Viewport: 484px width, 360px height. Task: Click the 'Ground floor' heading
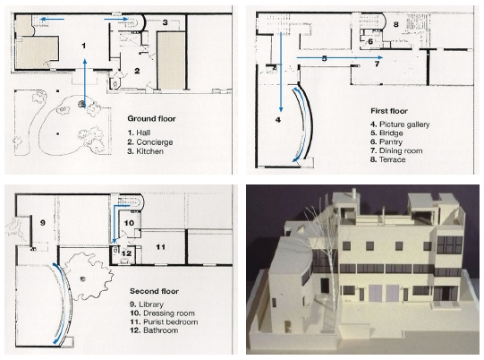click(x=151, y=119)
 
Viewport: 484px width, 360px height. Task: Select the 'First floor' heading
click(x=389, y=111)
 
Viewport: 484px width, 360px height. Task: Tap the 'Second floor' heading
click(x=155, y=291)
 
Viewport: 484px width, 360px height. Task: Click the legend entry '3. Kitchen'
click(x=146, y=151)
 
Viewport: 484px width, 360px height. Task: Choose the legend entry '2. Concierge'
click(x=150, y=142)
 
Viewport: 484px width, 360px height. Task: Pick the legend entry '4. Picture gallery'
click(x=400, y=124)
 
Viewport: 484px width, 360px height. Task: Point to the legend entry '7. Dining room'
click(x=396, y=150)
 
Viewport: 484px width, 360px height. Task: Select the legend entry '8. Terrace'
click(x=388, y=159)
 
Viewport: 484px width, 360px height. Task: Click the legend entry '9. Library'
click(x=147, y=304)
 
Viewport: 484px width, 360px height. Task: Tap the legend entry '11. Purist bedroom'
click(x=164, y=322)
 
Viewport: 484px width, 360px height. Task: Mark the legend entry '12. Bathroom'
click(x=154, y=330)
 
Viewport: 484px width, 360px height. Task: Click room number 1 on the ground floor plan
click(x=84, y=46)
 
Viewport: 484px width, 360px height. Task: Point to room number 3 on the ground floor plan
click(x=166, y=22)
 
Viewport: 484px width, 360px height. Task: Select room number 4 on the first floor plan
click(x=278, y=120)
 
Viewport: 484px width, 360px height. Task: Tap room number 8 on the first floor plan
click(x=396, y=24)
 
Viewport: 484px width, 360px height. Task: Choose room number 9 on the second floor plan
click(x=43, y=222)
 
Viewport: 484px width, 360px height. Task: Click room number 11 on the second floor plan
click(x=160, y=247)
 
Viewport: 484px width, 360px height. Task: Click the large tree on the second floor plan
click(x=87, y=276)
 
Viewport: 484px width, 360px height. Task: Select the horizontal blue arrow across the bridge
click(x=340, y=57)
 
